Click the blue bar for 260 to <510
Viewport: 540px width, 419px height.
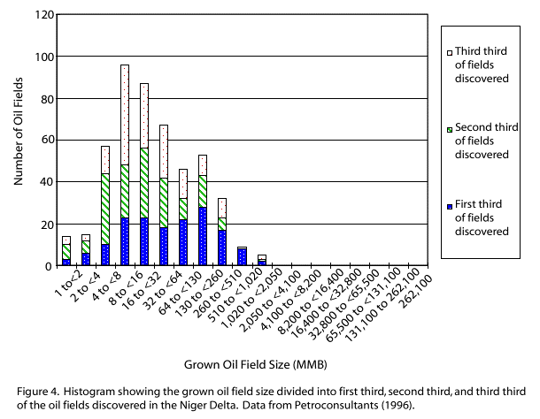[242, 256]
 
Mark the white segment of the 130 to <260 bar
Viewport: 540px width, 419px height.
[222, 208]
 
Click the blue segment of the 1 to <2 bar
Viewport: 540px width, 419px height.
[66, 262]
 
